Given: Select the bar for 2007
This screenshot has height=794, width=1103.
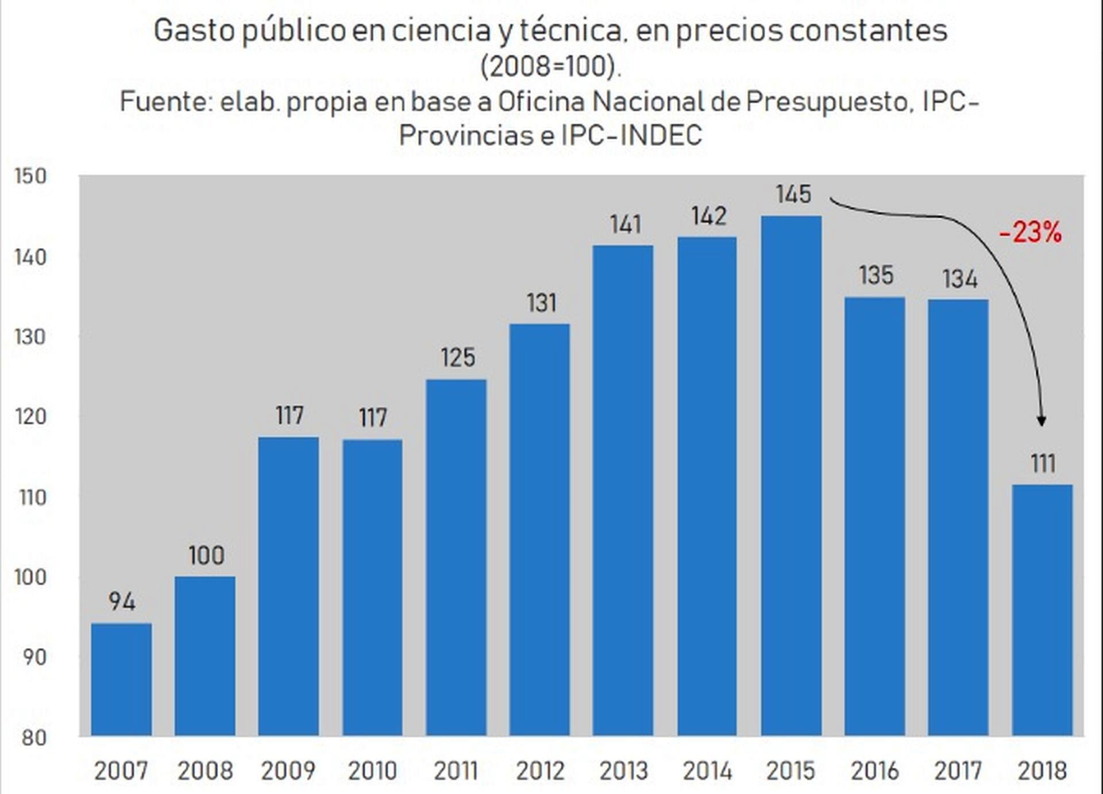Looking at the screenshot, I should [121, 679].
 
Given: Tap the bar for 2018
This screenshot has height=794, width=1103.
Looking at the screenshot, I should [1042, 610].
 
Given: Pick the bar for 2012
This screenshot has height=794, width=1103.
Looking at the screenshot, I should [539, 530].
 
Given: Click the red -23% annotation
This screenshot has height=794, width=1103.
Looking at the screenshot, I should [1030, 233].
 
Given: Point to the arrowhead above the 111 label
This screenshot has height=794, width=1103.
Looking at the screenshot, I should [1042, 421].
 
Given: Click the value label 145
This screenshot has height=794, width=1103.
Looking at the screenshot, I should [793, 194].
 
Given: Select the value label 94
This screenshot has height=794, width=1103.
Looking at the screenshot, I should [122, 602].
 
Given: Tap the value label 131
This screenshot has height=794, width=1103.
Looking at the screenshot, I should [541, 303].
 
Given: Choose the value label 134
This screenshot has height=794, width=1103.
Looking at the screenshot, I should [959, 279].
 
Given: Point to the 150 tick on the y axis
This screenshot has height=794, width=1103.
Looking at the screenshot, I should [30, 176].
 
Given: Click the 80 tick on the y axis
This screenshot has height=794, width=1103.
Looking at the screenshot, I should [34, 738].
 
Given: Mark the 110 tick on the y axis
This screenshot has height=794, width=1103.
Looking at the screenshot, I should [32, 498].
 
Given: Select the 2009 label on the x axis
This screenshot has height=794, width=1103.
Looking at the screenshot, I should [288, 771].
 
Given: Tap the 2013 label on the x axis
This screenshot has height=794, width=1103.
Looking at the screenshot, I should [623, 771].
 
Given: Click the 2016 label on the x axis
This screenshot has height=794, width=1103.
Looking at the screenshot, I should [874, 771].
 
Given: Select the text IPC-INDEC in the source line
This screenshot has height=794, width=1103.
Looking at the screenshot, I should [631, 136].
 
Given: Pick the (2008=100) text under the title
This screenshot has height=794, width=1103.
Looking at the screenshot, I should [550, 67].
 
